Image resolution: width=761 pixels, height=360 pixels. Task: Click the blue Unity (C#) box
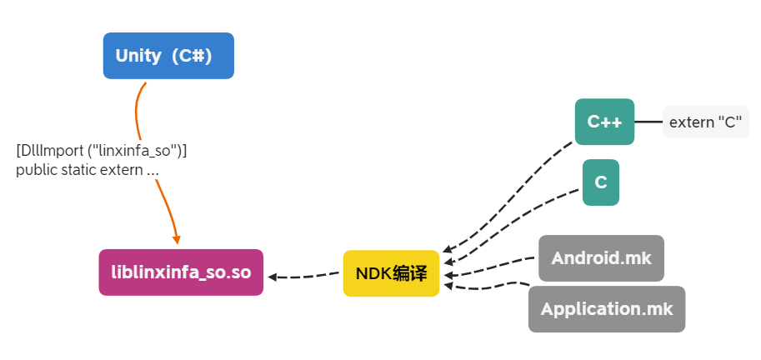click(168, 56)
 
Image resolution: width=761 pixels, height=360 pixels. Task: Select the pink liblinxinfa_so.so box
click(181, 272)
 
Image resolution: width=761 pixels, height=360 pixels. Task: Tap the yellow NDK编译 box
click(391, 273)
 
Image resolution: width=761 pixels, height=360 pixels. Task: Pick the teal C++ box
click(604, 122)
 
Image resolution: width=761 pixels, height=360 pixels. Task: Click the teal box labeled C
click(600, 182)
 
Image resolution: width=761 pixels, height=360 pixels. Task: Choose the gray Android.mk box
click(601, 258)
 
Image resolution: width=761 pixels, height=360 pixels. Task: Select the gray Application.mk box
click(606, 309)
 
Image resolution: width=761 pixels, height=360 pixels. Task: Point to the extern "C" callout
click(705, 122)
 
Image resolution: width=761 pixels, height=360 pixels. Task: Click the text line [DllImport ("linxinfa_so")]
click(101, 151)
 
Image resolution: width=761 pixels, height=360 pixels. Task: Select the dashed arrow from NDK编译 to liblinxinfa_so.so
click(304, 276)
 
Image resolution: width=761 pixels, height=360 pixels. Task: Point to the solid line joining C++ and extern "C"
click(648, 122)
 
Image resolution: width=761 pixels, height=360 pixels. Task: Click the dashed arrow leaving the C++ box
click(508, 192)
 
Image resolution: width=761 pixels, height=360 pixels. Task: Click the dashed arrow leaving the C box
click(517, 215)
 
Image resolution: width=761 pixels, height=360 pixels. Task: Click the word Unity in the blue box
click(138, 56)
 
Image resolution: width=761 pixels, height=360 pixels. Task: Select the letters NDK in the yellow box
click(372, 273)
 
